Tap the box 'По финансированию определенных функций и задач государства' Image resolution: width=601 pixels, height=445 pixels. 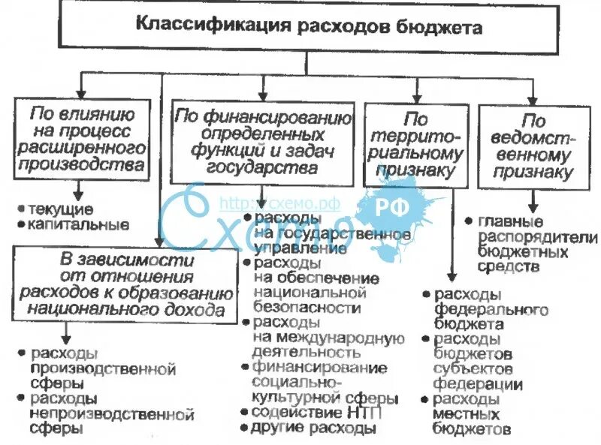[x=262, y=142]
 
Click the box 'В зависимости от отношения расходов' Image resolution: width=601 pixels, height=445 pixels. [x=124, y=284]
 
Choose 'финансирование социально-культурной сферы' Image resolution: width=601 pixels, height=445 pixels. [x=319, y=383]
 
